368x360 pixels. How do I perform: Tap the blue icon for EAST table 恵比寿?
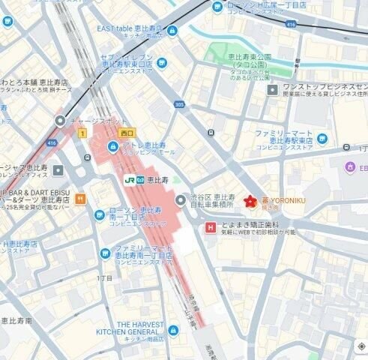click(172, 31)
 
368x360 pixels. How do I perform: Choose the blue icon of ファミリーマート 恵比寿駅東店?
click(322, 138)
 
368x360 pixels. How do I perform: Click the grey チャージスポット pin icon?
click(60, 121)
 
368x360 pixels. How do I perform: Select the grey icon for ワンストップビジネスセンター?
click(273, 90)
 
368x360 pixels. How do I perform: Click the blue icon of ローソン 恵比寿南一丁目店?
click(99, 216)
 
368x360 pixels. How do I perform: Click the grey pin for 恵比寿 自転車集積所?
click(181, 199)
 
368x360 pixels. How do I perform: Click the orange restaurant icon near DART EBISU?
click(81, 199)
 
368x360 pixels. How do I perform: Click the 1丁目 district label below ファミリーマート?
click(105, 278)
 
